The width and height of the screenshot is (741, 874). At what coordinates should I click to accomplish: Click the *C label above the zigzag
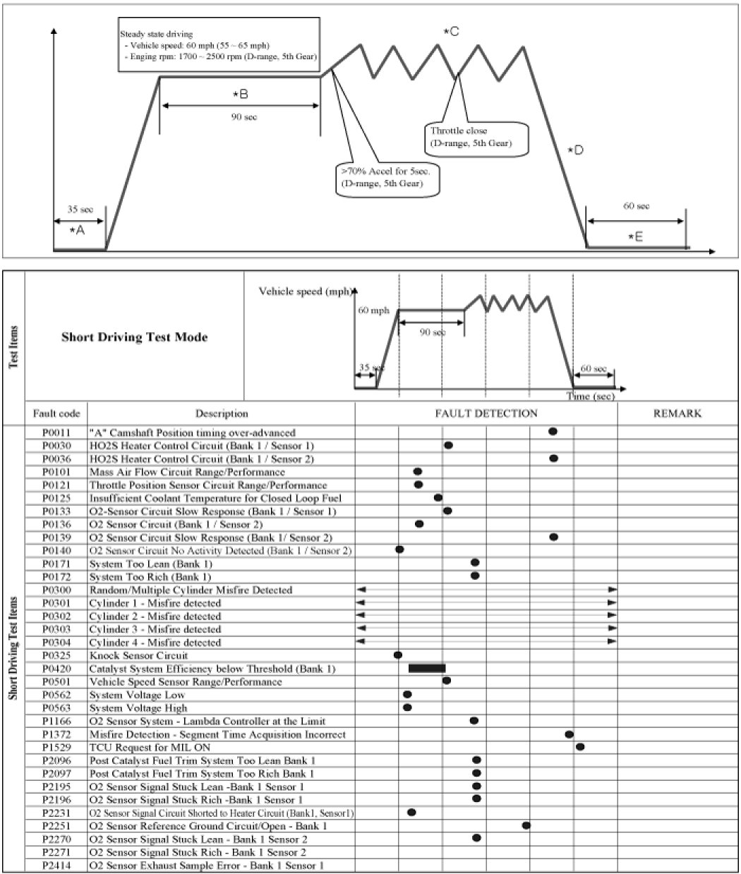pyautogui.click(x=451, y=31)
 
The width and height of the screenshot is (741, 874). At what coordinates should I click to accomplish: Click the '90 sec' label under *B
pyautogui.click(x=243, y=117)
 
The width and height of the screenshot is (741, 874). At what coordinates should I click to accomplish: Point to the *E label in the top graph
pyautogui.click(x=635, y=237)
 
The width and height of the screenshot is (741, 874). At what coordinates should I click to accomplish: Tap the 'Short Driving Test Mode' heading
pyautogui.click(x=134, y=337)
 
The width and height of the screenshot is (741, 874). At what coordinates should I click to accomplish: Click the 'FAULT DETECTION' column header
pyautogui.click(x=486, y=413)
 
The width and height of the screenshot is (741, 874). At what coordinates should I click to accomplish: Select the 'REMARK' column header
pyautogui.click(x=677, y=413)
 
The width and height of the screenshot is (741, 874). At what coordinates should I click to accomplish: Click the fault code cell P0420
pyautogui.click(x=56, y=669)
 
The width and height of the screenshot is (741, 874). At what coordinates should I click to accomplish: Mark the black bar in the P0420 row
pyautogui.click(x=426, y=668)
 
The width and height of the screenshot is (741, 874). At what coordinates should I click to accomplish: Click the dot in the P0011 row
pyautogui.click(x=553, y=431)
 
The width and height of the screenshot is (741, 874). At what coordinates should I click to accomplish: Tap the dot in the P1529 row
pyautogui.click(x=579, y=746)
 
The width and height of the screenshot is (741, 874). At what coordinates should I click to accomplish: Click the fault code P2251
pyautogui.click(x=56, y=825)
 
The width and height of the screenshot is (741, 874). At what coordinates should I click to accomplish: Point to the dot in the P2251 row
pyautogui.click(x=526, y=825)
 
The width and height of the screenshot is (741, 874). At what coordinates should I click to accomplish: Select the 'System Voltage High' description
pyautogui.click(x=138, y=708)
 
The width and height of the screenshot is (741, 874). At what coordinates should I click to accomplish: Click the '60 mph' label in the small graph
pyautogui.click(x=373, y=310)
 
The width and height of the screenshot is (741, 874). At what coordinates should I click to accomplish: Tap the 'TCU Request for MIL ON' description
pyautogui.click(x=150, y=747)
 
